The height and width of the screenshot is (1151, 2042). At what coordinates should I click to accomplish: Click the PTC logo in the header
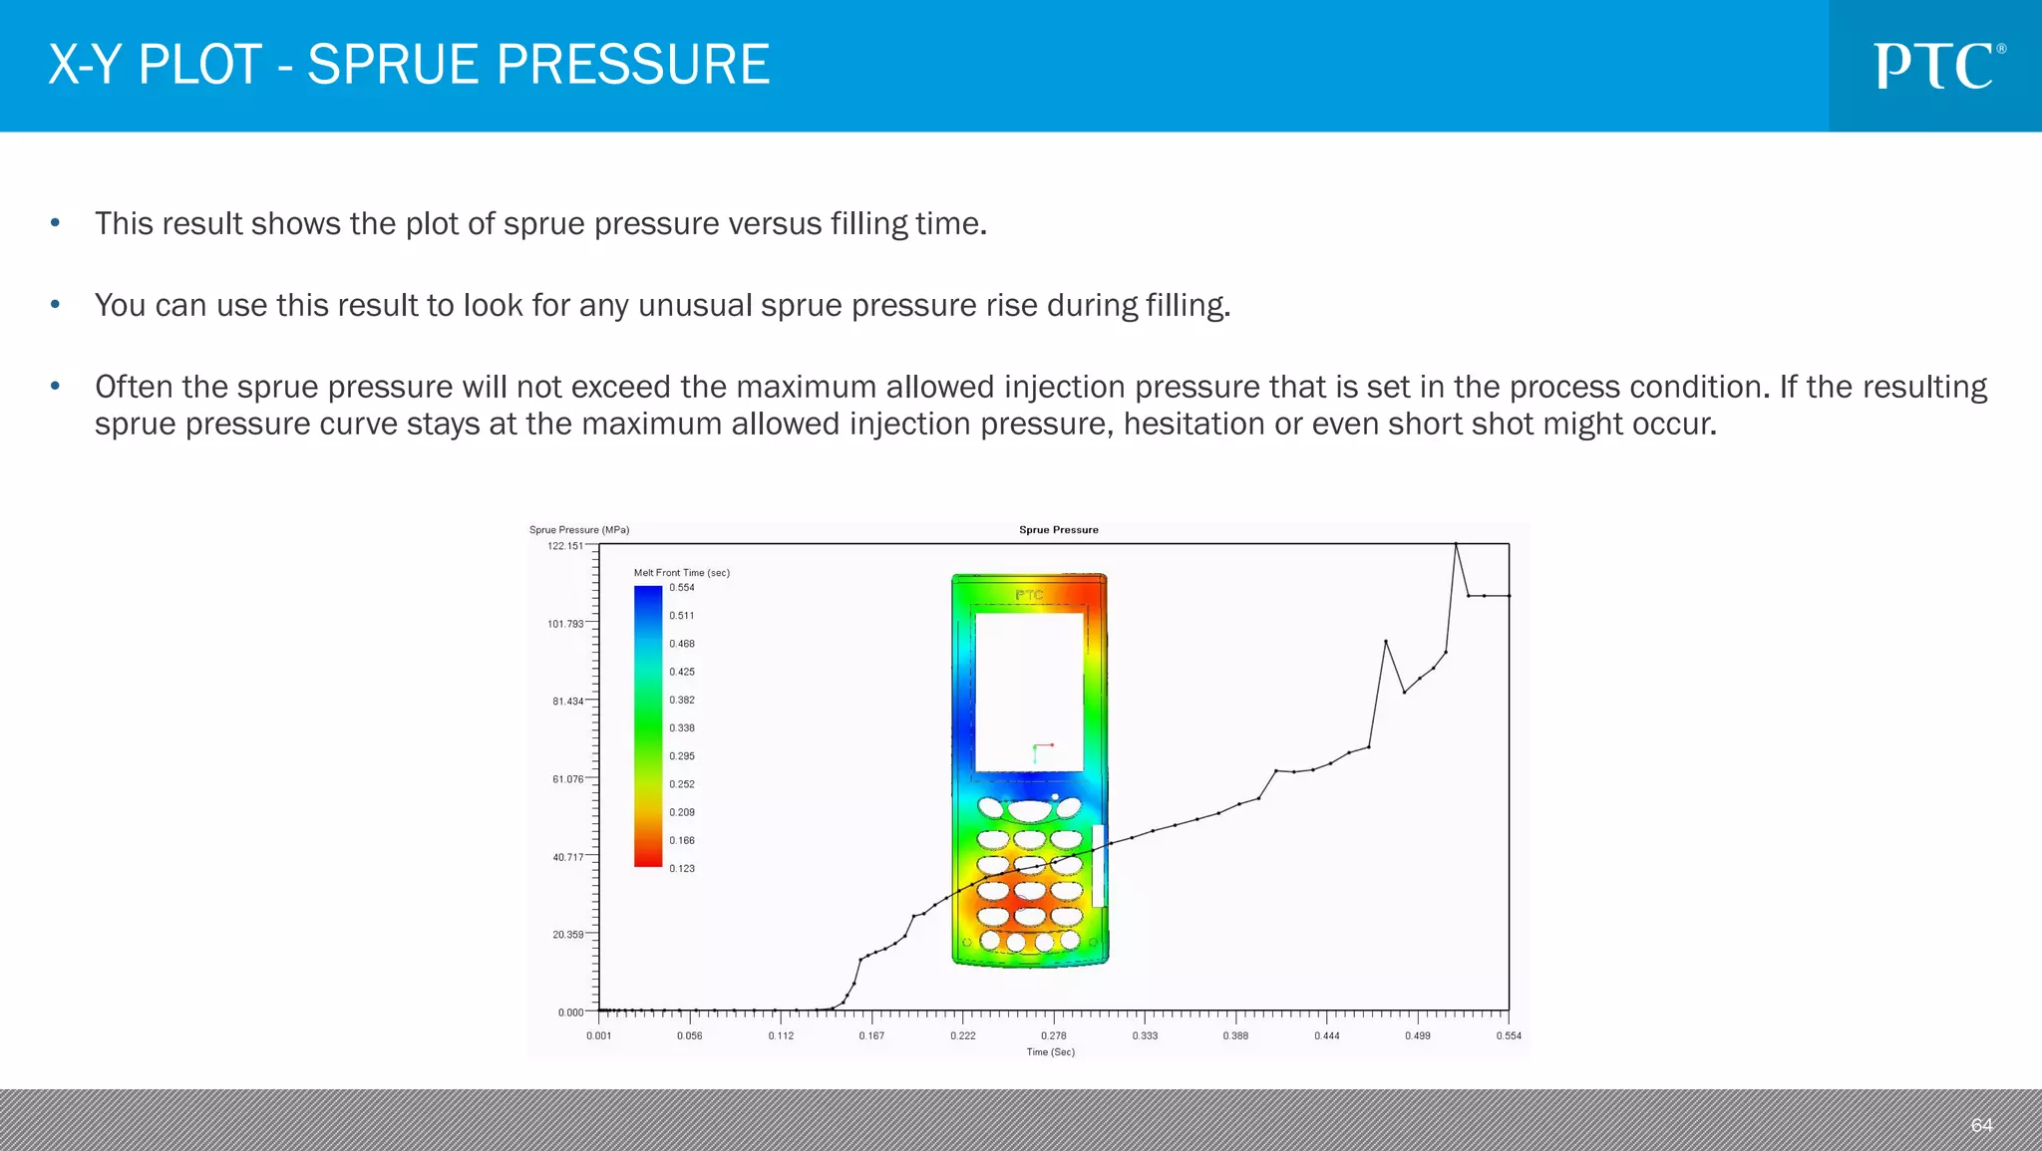(x=1937, y=66)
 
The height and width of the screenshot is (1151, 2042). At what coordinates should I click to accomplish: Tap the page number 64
(x=1981, y=1125)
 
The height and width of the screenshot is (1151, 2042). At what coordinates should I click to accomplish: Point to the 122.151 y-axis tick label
(x=565, y=546)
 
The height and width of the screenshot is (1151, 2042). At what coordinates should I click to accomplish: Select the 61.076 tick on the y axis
(x=567, y=779)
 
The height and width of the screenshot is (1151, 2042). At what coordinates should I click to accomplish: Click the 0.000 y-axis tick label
(x=570, y=1012)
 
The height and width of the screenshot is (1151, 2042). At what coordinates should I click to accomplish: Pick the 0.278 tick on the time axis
(x=1054, y=1035)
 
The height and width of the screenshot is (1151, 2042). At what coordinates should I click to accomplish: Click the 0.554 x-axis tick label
(x=1509, y=1035)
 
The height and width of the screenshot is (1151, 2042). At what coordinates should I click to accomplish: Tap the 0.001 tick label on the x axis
(x=599, y=1035)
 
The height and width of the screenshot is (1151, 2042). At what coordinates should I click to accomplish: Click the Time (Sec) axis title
(x=1051, y=1051)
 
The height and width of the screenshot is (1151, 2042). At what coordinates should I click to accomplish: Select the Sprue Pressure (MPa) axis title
(x=579, y=530)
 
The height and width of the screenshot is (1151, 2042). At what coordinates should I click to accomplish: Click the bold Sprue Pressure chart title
(x=1058, y=530)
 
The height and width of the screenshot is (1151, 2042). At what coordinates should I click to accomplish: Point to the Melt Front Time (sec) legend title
(x=682, y=573)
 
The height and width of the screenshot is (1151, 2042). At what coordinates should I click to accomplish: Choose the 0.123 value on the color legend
(x=682, y=869)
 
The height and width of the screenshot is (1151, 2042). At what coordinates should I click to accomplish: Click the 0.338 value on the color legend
(x=682, y=728)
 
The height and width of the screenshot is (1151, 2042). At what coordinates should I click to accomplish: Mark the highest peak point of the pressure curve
(x=1456, y=544)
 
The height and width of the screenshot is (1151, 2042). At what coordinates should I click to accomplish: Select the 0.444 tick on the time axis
(x=1327, y=1035)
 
